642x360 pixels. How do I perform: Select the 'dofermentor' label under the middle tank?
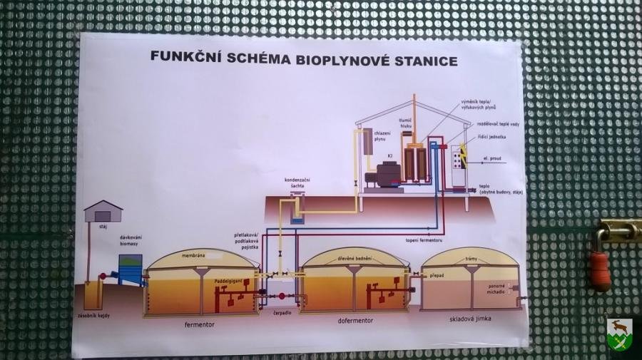click(x=355, y=321)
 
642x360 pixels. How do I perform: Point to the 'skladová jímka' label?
click(x=471, y=319)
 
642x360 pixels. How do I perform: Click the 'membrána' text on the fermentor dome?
click(x=193, y=254)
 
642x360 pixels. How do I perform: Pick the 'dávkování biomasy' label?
click(x=130, y=239)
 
